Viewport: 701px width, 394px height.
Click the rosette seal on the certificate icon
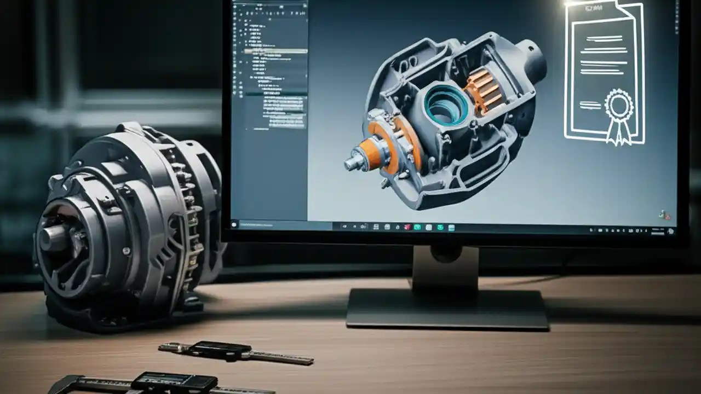click(618, 106)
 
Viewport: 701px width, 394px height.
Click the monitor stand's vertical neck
click(445, 268)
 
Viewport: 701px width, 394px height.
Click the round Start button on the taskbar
click(235, 224)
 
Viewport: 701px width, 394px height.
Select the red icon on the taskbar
click(406, 227)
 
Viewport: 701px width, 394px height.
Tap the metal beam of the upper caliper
click(285, 358)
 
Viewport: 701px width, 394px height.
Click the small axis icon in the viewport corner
click(663, 215)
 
